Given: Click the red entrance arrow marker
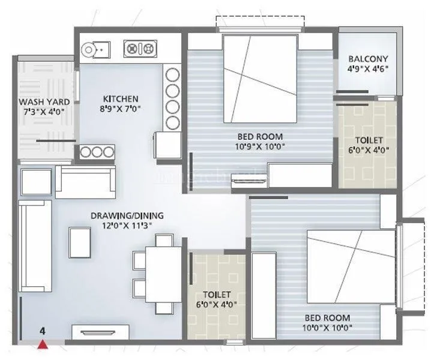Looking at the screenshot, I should pyautogui.click(x=43, y=344).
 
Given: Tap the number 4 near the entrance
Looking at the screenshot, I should pyautogui.click(x=43, y=331).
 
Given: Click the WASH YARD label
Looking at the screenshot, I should pyautogui.click(x=43, y=102).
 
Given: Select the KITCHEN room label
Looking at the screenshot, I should pyautogui.click(x=121, y=98).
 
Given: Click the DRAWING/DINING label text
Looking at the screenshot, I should pyautogui.click(x=127, y=215).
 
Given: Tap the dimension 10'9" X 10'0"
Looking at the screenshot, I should pyautogui.click(x=259, y=146).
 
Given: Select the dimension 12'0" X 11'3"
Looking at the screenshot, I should pyautogui.click(x=127, y=226).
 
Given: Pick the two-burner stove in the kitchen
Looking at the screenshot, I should pyautogui.click(x=140, y=48).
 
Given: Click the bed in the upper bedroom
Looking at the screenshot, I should pyautogui.click(x=261, y=78).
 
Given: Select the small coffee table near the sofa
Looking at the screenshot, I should pyautogui.click(x=79, y=242).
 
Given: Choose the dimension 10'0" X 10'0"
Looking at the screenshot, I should pyautogui.click(x=327, y=327).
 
